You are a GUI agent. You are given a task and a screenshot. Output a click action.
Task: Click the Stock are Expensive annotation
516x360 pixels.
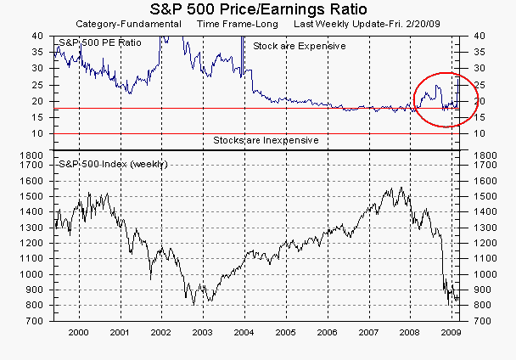pyautogui.click(x=300, y=45)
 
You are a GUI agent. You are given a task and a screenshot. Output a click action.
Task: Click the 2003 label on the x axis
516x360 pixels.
pyautogui.click(x=202, y=335)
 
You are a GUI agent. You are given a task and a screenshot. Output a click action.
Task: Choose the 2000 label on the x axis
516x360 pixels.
pyautogui.click(x=79, y=335)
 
